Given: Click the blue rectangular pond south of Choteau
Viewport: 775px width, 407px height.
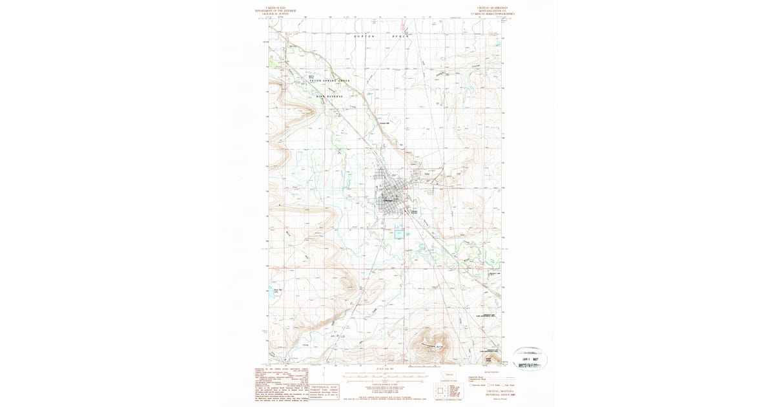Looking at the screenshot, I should tap(399, 234).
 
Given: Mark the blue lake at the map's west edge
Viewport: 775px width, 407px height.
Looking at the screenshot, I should tap(271, 291).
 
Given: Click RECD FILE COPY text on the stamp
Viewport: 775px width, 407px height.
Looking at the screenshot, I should tap(532, 365).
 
